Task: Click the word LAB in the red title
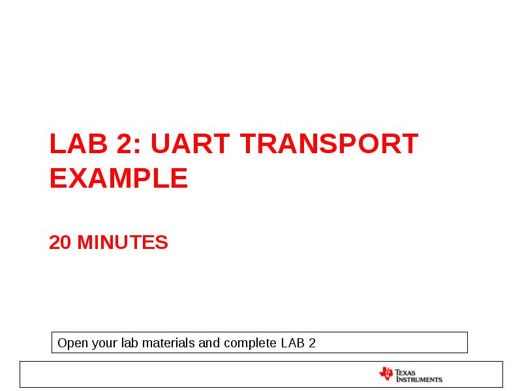click(x=71, y=144)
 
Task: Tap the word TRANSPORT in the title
click(x=328, y=144)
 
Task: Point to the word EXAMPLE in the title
click(x=119, y=179)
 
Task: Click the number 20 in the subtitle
click(x=60, y=242)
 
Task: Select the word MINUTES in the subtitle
click(x=123, y=242)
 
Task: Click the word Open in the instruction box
click(x=70, y=343)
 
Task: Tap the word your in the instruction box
click(x=100, y=343)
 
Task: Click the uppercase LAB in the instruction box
click(x=292, y=343)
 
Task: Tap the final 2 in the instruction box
click(x=312, y=343)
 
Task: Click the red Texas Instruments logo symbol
click(x=386, y=374)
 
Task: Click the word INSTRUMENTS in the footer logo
click(x=419, y=379)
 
